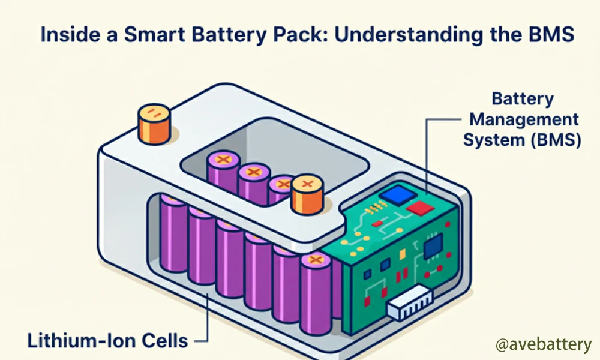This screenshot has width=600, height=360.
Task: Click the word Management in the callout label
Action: click(522, 120)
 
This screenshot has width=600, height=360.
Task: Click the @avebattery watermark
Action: click(543, 345)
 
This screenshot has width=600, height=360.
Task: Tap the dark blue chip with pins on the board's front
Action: click(433, 243)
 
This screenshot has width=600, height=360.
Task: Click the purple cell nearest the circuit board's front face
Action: click(316, 294)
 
